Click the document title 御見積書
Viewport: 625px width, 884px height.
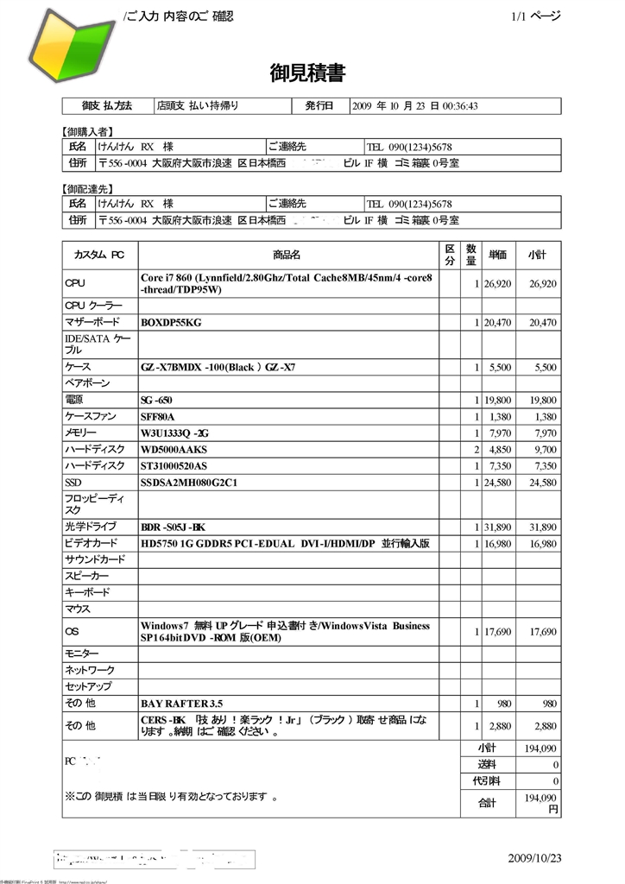[307, 73]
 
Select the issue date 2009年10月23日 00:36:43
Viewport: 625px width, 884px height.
[415, 106]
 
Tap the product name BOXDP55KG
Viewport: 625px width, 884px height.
[171, 322]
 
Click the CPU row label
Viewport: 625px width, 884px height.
[75, 283]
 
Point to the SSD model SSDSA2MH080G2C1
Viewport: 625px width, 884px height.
[189, 482]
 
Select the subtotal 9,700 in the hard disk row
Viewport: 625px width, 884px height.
[542, 450]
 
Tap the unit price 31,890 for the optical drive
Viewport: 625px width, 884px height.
[498, 527]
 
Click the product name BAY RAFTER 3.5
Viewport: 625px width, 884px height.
[181, 703]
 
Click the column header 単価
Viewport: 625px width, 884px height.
[498, 255]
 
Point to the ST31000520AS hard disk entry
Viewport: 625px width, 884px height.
[174, 466]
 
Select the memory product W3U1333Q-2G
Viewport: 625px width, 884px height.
[174, 433]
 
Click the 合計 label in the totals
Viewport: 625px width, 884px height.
[488, 802]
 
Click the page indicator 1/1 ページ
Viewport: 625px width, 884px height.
[535, 16]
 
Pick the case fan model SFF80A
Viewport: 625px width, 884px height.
[157, 416]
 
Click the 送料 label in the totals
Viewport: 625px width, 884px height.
[488, 764]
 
